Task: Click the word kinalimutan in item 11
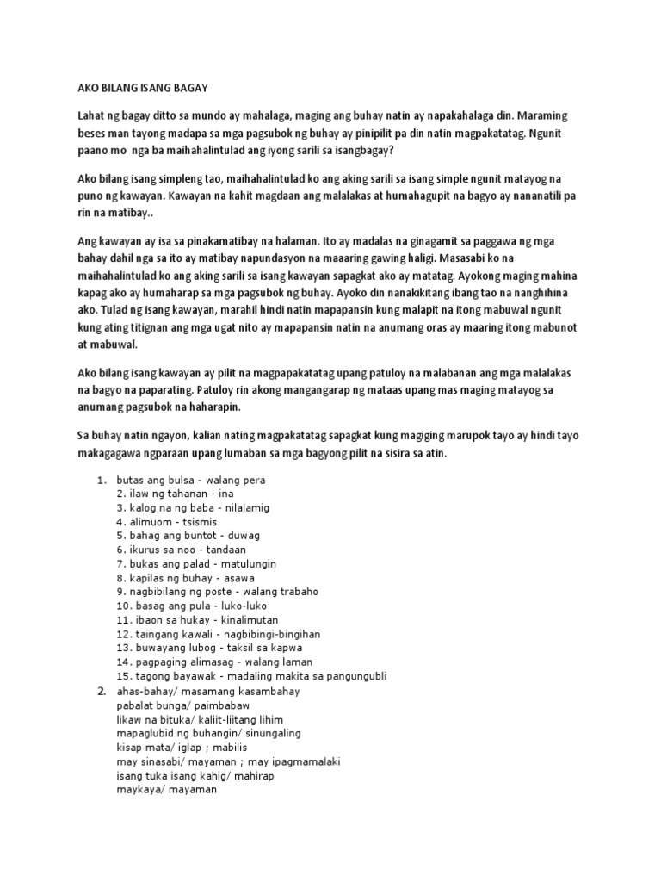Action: pyautogui.click(x=238, y=620)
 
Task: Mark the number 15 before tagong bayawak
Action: pyautogui.click(x=122, y=676)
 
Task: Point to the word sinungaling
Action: pyautogui.click(x=255, y=733)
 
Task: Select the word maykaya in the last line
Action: pyautogui.click(x=138, y=789)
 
